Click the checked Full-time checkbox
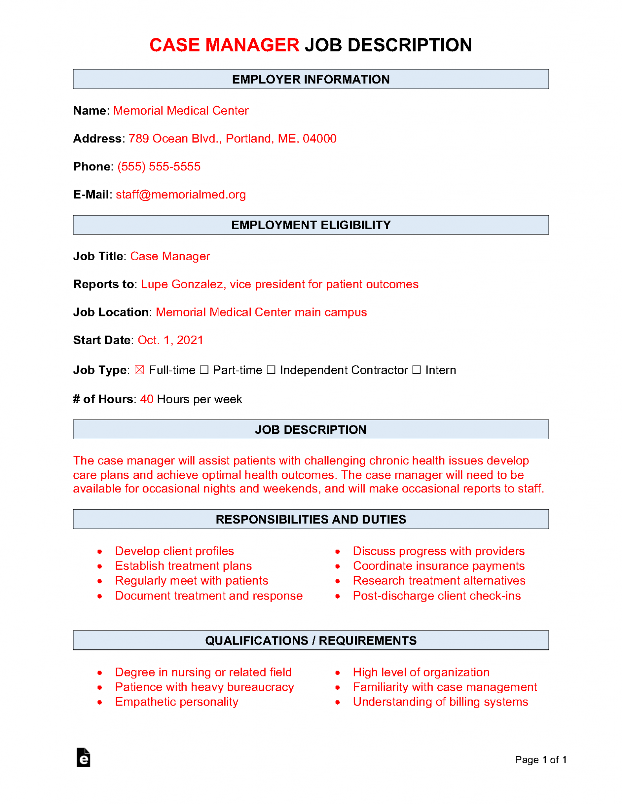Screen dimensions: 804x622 (x=139, y=370)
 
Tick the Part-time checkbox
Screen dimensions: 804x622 (x=204, y=370)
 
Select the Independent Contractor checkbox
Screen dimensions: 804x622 (x=271, y=370)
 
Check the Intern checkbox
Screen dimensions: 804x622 (x=417, y=370)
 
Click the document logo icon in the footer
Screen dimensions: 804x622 (x=83, y=758)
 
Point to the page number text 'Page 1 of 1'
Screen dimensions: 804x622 (x=540, y=760)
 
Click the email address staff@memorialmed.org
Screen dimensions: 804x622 (x=181, y=195)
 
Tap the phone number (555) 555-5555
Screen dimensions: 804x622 (x=159, y=167)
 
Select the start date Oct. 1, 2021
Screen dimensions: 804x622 (x=171, y=340)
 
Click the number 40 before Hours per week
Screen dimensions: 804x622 (x=147, y=399)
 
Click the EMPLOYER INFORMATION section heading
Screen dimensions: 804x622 (x=311, y=79)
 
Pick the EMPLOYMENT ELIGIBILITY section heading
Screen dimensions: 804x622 (x=311, y=225)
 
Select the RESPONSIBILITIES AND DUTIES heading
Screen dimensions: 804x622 (x=311, y=519)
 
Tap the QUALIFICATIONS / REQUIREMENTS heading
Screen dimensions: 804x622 (x=311, y=640)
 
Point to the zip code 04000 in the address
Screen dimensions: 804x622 (x=319, y=139)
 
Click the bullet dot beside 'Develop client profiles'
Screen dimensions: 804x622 (x=100, y=552)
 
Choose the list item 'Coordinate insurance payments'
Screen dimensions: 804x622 (x=439, y=566)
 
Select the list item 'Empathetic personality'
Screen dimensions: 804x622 (x=176, y=702)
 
